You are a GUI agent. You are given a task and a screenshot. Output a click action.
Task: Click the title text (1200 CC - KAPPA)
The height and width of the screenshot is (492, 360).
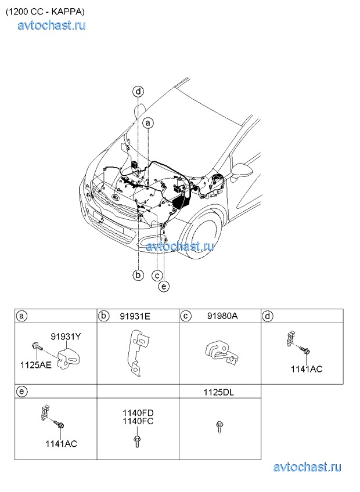tap(45, 12)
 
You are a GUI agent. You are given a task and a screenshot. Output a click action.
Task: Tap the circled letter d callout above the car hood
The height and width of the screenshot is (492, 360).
tap(138, 92)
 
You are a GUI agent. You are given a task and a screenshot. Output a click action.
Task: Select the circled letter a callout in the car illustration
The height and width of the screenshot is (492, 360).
tap(148, 123)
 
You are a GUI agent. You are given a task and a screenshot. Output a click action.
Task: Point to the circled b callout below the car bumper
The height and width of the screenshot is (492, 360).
tap(138, 275)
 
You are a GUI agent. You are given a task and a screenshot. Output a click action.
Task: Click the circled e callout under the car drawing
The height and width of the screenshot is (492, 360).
tap(164, 286)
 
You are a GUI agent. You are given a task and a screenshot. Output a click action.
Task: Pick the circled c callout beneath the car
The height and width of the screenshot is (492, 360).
tap(157, 276)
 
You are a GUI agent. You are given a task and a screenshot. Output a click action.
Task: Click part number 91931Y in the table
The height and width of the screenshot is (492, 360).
tap(66, 337)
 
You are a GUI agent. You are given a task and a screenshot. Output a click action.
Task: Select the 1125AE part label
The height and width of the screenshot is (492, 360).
tap(35, 365)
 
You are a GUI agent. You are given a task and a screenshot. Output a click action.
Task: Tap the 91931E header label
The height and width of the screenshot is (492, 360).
tap(135, 316)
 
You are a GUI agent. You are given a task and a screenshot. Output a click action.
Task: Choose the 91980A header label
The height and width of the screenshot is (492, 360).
tap(222, 316)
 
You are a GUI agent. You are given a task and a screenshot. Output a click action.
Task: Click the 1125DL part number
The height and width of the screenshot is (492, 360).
tap(219, 392)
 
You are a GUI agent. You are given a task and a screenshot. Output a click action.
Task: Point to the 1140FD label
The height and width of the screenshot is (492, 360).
tap(138, 413)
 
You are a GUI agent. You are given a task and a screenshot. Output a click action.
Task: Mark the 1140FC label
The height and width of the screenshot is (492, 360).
tap(138, 421)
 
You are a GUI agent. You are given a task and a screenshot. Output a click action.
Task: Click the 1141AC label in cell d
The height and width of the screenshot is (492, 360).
tap(307, 369)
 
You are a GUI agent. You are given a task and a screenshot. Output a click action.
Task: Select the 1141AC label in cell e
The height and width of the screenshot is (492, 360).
tap(61, 444)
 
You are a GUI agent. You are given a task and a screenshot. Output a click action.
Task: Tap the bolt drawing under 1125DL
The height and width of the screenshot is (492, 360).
tap(219, 428)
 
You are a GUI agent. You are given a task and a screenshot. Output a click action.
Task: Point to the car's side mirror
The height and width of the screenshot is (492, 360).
tap(242, 172)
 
